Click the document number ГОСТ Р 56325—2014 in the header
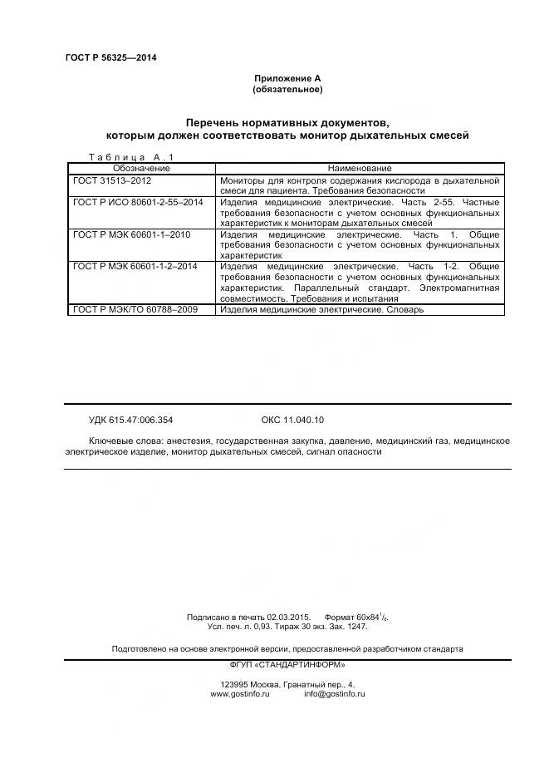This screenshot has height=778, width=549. [110, 57]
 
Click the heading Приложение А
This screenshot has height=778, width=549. [287, 78]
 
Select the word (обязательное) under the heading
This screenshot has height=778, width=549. [287, 89]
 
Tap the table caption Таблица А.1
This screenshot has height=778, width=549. [130, 157]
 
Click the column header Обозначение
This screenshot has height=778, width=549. [141, 168]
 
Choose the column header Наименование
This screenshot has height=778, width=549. [360, 168]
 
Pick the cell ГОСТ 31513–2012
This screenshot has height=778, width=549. [112, 180]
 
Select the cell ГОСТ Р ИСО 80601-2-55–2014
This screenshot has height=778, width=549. [138, 202]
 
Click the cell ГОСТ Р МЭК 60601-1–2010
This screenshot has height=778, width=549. [131, 234]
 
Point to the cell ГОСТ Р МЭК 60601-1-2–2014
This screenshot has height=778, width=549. [135, 266]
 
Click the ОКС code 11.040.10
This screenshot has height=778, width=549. [292, 420]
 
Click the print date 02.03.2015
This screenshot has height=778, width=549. [288, 617]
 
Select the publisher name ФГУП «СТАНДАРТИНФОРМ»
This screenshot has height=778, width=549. [287, 664]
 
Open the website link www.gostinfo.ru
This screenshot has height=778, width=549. [240, 693]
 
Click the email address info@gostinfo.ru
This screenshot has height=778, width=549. [334, 693]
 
